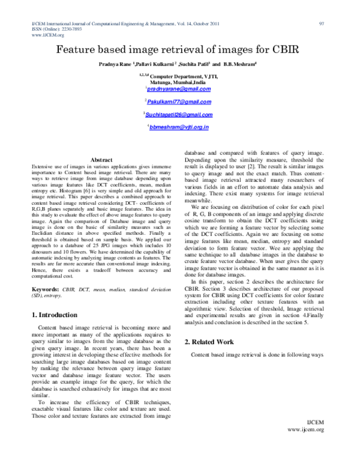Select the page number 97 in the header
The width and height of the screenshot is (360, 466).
click(322, 23)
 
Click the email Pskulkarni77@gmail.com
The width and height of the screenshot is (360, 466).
click(179, 101)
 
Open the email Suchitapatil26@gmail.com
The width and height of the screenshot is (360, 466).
click(179, 114)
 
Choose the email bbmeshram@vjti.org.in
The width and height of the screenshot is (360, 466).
click(179, 127)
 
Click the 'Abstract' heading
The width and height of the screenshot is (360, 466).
click(101, 159)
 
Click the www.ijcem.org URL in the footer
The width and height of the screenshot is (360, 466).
click(306, 430)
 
